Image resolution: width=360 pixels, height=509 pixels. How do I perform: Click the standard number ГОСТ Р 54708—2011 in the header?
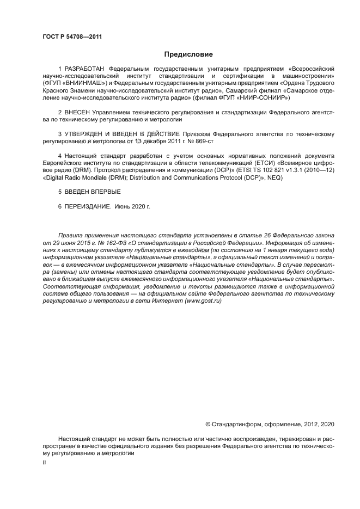pos(72,36)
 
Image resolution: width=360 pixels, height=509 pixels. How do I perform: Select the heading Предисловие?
pos(188,54)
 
